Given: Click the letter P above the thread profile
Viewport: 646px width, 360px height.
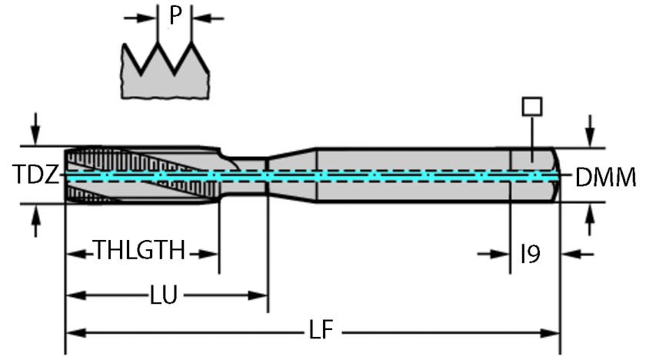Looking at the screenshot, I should (x=175, y=15).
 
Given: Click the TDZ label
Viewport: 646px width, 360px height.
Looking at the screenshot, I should (x=35, y=175).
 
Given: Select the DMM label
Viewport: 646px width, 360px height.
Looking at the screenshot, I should (x=605, y=178).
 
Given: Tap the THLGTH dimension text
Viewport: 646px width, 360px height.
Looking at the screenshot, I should (x=140, y=250).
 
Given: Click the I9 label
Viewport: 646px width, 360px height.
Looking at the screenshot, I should (x=529, y=253).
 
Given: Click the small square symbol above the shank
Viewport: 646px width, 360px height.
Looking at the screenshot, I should (x=530, y=106).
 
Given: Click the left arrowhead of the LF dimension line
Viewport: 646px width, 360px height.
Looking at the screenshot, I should (x=75, y=333).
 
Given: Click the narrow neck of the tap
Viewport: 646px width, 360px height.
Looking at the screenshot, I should (x=244, y=176).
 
